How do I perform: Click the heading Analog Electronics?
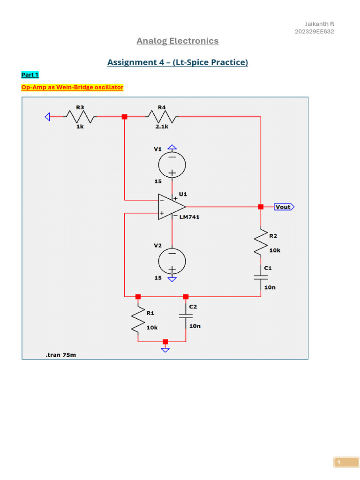[x=177, y=41]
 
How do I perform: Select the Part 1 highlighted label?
[x=30, y=75]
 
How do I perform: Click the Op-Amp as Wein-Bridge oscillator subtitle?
[x=72, y=87]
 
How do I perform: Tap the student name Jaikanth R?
[x=320, y=24]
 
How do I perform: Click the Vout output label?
[x=284, y=207]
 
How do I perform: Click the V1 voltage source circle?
[x=172, y=164]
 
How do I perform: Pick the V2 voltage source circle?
[x=172, y=261]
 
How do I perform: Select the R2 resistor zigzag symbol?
[x=261, y=243]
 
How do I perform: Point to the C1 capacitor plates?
[x=261, y=277]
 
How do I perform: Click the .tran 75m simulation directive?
[x=61, y=355]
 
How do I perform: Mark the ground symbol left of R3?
[x=47, y=117]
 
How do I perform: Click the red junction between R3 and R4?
[x=124, y=117]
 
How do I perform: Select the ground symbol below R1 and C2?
[x=165, y=348]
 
